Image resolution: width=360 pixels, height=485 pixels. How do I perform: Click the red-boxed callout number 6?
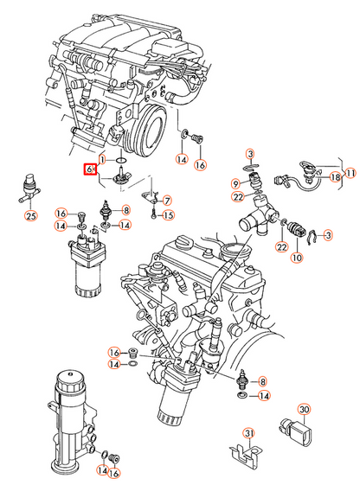coord(90,169)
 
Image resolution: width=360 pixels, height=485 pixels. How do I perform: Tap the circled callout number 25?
coord(31,215)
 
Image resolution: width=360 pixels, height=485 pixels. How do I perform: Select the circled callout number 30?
coord(304,409)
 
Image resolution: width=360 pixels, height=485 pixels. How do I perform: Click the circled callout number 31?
coord(249,434)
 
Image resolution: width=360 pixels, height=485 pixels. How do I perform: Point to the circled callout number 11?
coord(350,173)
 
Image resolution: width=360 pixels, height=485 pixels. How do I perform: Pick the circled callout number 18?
coord(335,177)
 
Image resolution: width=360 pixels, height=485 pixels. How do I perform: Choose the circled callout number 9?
coord(236,184)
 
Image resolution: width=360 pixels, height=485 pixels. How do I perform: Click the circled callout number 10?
coord(297,258)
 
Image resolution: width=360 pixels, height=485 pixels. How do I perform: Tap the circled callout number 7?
coord(167,201)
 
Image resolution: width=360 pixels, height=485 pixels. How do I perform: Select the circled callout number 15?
coord(168,215)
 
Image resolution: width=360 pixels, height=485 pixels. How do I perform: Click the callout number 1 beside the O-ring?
coord(103,160)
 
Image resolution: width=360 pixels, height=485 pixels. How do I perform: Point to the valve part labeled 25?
coord(30,189)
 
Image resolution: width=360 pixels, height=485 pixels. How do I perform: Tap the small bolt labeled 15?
coord(154,214)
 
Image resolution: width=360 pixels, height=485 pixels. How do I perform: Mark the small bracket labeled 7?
coord(150,197)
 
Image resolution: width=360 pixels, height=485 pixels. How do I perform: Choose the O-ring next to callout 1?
coord(121,161)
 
